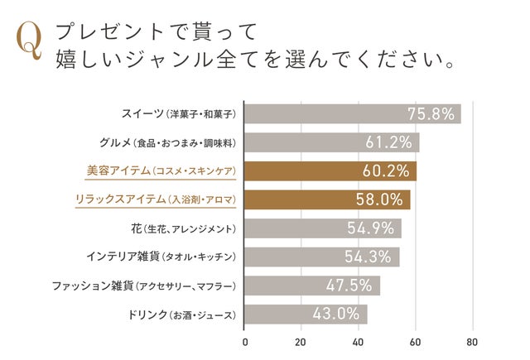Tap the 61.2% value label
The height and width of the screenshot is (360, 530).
point(388,142)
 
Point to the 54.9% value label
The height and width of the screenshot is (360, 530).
point(372,228)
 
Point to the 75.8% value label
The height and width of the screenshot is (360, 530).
point(431,114)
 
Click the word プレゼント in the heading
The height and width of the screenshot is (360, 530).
point(108,32)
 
